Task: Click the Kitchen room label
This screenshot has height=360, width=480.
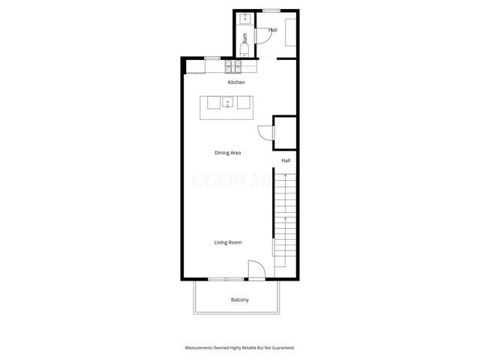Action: point(236,82)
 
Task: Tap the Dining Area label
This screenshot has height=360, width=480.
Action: point(228,152)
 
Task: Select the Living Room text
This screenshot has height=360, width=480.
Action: point(228,242)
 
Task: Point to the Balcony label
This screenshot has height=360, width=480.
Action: point(239,300)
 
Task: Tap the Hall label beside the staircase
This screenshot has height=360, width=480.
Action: point(286,160)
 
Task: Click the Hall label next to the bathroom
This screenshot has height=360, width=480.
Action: point(272,30)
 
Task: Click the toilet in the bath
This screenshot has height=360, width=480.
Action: point(245,50)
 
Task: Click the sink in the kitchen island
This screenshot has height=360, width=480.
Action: point(228,103)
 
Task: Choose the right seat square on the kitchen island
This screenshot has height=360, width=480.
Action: point(244,103)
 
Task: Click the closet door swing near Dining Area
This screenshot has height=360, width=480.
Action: point(265,133)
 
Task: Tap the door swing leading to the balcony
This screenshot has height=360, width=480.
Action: point(255,270)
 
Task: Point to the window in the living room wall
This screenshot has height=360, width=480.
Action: point(220,280)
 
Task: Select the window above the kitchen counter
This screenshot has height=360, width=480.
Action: point(212,58)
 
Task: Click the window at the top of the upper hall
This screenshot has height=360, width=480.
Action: point(272,10)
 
